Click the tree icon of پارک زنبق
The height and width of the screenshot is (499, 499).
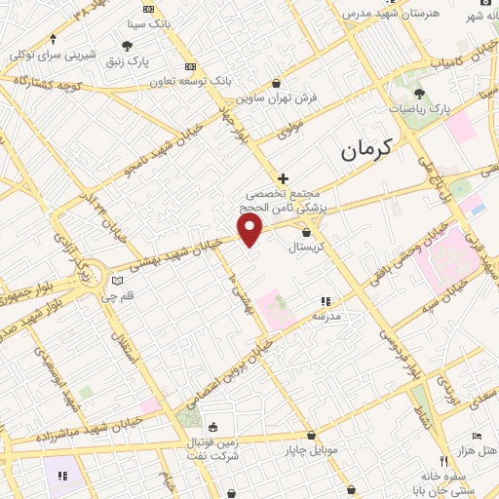coord(127,46)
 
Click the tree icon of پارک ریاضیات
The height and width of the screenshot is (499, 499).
coord(419,94)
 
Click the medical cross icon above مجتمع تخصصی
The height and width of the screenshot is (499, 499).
coord(284,178)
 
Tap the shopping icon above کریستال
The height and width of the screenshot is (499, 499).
coord(307,232)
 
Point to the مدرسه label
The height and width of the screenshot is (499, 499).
coord(326,316)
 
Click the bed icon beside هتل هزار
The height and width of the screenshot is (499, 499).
coord(476,436)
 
